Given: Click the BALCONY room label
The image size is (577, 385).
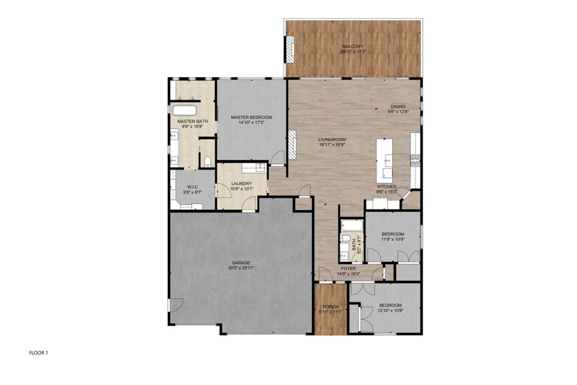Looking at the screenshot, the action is [353, 46].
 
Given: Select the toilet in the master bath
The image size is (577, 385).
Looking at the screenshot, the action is [207, 162].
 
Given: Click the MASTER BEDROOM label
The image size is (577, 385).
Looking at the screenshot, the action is [251, 117].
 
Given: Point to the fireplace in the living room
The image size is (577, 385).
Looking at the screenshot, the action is [292, 144].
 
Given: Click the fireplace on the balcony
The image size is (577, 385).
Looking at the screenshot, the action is [290, 48].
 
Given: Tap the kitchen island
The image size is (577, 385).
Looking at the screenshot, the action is [384, 160].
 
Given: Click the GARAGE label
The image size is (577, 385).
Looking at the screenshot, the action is [241, 263].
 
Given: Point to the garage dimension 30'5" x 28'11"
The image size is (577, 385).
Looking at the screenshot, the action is [241, 268].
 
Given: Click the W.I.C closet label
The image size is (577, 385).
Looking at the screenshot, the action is [193, 187].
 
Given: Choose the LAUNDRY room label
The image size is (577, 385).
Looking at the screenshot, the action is [242, 184].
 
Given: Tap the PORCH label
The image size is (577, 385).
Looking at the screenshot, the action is [330, 307].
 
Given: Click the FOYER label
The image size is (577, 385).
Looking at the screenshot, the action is [348, 269].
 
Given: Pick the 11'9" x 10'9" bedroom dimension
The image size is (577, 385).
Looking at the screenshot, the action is [393, 239].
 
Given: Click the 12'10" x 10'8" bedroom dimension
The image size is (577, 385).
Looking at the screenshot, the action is [390, 310].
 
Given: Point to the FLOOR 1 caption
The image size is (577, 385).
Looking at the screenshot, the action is [39, 353].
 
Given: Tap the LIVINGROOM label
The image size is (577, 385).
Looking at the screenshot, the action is [332, 139].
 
